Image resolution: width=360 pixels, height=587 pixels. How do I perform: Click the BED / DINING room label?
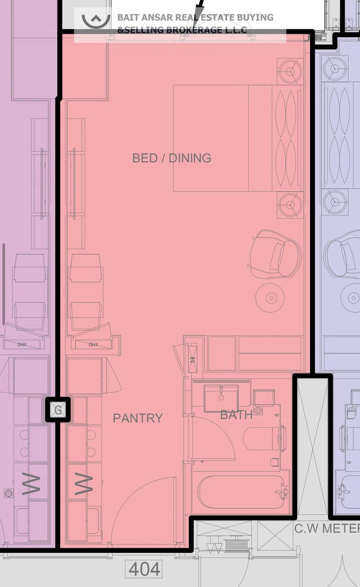171,158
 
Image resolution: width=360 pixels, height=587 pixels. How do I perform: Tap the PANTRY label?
138,418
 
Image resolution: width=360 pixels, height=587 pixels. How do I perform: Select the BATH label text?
236,415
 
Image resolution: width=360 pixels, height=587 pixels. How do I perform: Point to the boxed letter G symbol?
58,410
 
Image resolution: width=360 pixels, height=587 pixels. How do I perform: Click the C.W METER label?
327,528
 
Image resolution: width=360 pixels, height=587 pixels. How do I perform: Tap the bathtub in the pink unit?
241,492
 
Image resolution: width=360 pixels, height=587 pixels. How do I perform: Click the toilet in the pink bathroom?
262,439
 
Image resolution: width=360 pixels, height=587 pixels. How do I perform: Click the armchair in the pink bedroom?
275,254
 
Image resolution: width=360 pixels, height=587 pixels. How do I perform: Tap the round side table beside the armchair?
270,298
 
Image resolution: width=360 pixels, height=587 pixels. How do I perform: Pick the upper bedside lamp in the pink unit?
290,71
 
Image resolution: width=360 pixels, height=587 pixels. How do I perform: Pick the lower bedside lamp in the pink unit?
290,205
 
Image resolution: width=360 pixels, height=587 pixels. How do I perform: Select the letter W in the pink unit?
84,483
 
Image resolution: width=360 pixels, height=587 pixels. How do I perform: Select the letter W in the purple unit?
31,483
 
